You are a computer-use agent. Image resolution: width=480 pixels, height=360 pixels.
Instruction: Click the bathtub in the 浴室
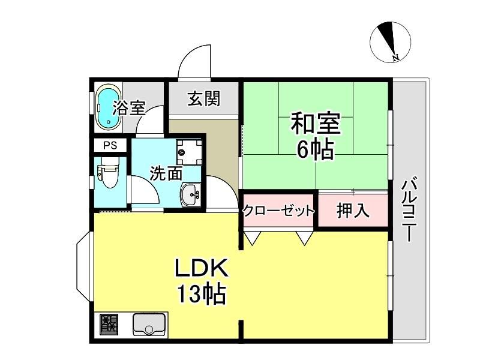point(109,107)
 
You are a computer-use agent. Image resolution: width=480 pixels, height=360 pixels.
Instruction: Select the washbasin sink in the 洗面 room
point(191,195)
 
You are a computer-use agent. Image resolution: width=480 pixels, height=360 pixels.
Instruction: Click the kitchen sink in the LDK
point(149,324)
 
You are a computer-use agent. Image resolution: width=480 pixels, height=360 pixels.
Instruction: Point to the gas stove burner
point(109,325)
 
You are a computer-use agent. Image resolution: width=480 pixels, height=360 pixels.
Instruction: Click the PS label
point(110,145)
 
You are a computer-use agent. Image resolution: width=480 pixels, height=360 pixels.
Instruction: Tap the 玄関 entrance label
point(204,98)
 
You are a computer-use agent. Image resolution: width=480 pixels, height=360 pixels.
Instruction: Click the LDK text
point(202,268)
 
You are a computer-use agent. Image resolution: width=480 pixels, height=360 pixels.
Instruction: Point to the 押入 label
point(353,211)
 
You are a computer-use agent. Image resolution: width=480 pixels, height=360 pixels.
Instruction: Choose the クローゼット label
point(278,211)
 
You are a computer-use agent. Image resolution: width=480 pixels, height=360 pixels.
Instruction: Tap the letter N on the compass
point(396,57)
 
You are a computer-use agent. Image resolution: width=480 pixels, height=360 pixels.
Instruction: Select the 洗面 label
point(166,173)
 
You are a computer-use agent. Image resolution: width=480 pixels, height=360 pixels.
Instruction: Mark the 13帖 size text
point(202,294)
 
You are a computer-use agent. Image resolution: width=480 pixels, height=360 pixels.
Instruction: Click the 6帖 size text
point(316,150)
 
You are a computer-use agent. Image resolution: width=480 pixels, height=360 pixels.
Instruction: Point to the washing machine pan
point(189,152)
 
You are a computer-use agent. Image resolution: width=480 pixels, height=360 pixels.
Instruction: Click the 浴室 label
point(129,108)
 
